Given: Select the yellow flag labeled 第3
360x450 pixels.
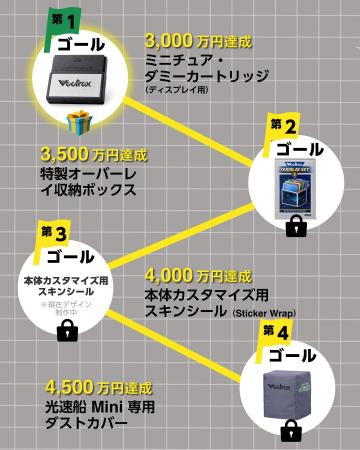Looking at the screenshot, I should tap(53, 232).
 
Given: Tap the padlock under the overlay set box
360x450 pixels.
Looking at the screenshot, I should tap(295, 228).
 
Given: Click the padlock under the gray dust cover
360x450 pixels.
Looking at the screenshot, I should tap(291, 430).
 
